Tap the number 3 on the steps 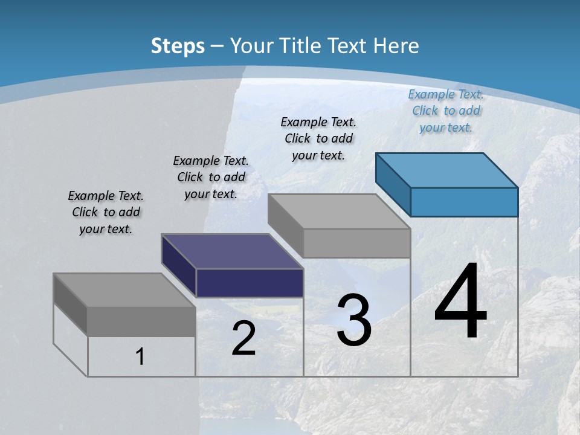tap(353, 320)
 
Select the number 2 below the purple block tap(243, 338)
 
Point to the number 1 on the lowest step tap(140, 357)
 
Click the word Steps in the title tap(178, 46)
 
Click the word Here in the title tap(396, 46)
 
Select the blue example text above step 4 tap(446, 111)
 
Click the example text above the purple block tap(211, 177)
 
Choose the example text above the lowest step tap(106, 212)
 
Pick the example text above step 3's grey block tap(318, 138)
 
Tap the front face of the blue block tap(464, 202)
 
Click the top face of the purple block tap(233, 251)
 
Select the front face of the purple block tap(250, 283)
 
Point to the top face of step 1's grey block tap(124, 290)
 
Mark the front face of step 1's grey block tap(141, 321)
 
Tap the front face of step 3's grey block tap(356, 243)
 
